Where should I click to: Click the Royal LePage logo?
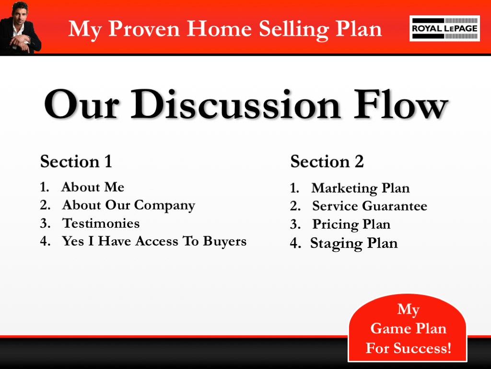point(444,28)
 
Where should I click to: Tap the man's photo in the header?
point(21,27)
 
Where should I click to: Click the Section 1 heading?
point(76,161)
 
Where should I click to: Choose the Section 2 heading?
point(327,161)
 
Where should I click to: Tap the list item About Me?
point(93,187)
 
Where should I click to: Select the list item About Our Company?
point(128,205)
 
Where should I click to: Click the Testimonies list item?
point(101,223)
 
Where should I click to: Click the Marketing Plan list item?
point(360,188)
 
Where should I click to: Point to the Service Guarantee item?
point(369,206)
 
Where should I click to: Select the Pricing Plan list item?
point(351,224)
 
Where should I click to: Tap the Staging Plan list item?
point(354,243)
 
